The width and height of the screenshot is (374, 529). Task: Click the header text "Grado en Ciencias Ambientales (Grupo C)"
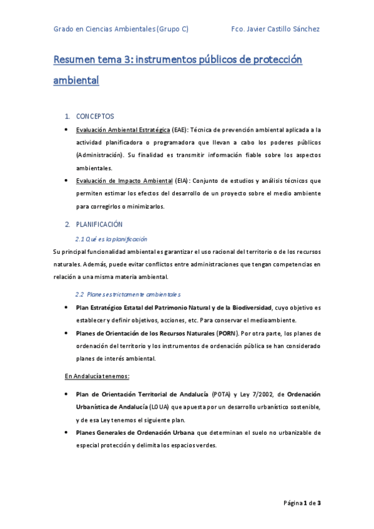121,29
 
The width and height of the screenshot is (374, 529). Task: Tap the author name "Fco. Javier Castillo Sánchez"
275,29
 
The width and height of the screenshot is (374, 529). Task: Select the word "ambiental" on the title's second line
76,80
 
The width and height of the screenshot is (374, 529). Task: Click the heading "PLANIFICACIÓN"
99,224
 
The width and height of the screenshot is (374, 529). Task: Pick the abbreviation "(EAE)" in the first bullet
180,130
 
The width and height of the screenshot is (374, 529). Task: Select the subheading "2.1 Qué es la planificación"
111,239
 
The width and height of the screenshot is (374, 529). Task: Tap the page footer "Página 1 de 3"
302,503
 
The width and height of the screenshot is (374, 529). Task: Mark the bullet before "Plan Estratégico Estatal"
67,308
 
